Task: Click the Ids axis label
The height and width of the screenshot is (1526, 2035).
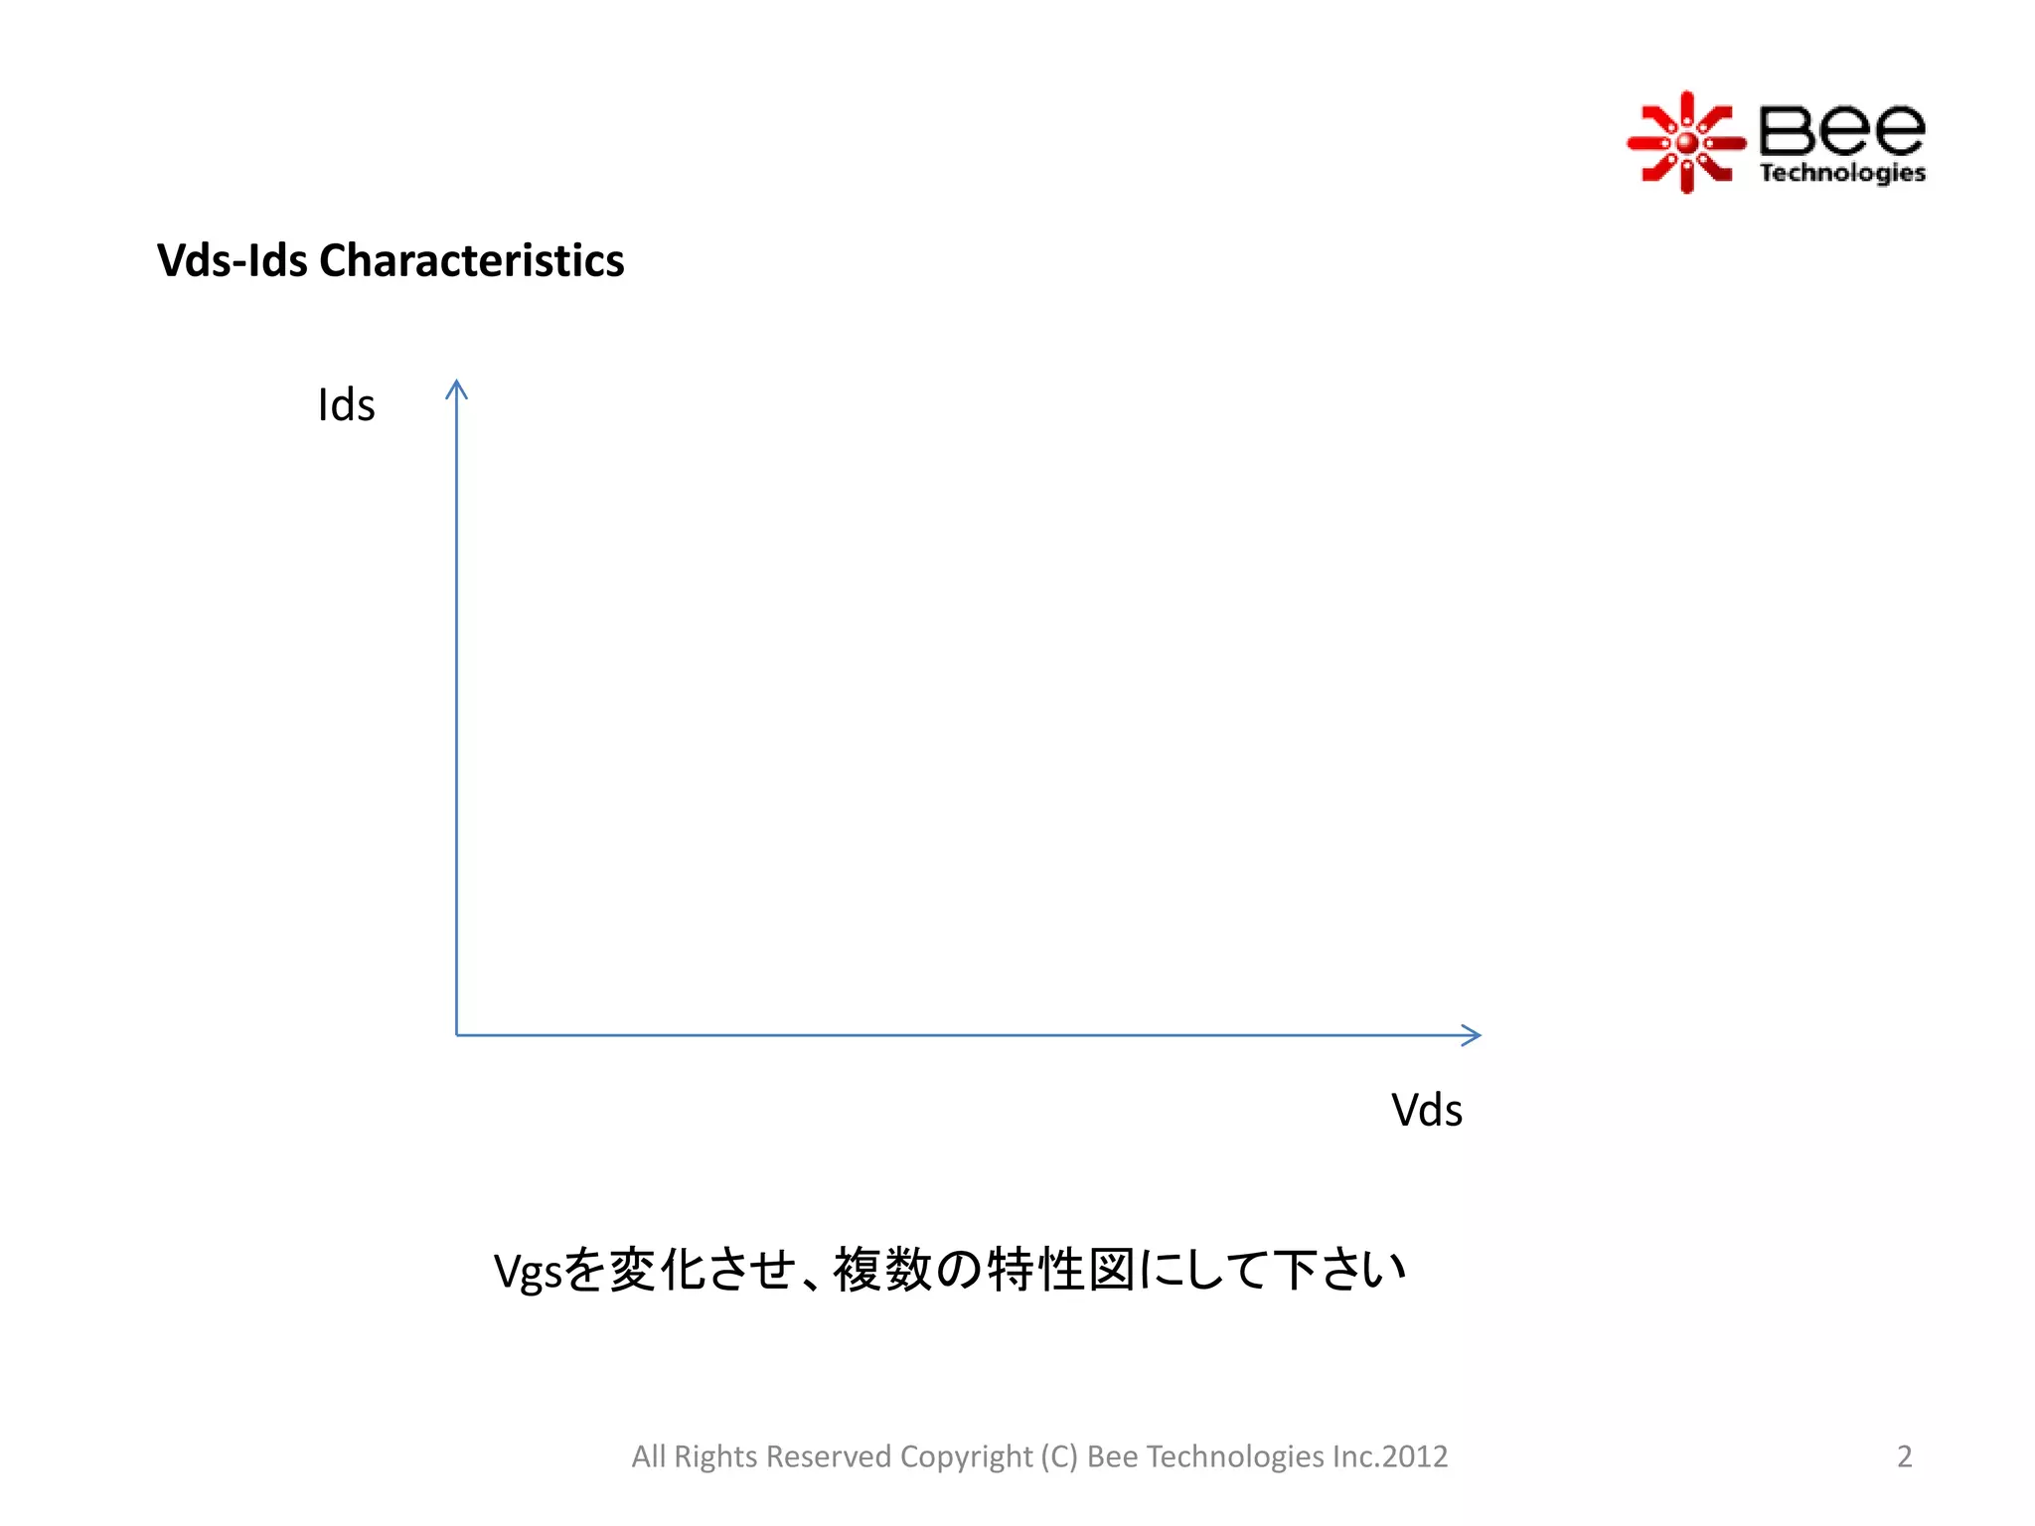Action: coord(346,405)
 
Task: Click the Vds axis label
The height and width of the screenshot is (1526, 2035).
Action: coord(1426,1110)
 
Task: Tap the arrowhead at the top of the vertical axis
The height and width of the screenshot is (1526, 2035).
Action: coord(456,388)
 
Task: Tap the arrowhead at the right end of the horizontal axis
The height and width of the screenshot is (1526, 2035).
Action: coord(1472,1035)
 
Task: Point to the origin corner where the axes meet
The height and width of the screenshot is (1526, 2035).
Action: coord(457,1035)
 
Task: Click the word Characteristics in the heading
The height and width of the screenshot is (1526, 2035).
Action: coord(471,260)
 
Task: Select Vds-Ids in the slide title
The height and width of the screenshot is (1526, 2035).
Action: coord(233,260)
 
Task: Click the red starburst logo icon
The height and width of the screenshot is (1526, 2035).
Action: coord(1686,143)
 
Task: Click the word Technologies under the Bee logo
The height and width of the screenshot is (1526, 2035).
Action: coord(1841,173)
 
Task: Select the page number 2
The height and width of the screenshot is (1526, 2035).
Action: coord(1904,1456)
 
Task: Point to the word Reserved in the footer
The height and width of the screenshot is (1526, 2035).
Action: coord(829,1456)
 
